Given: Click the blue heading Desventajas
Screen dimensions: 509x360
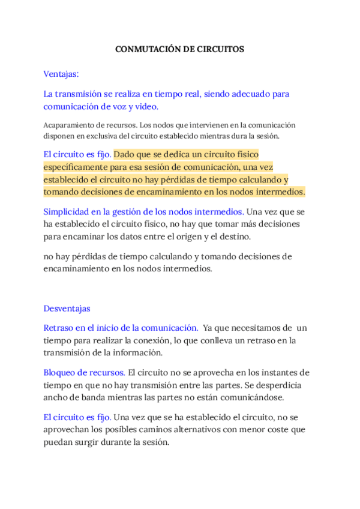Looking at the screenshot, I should click(x=67, y=308).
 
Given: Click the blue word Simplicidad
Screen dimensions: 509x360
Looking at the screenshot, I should click(x=65, y=211).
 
